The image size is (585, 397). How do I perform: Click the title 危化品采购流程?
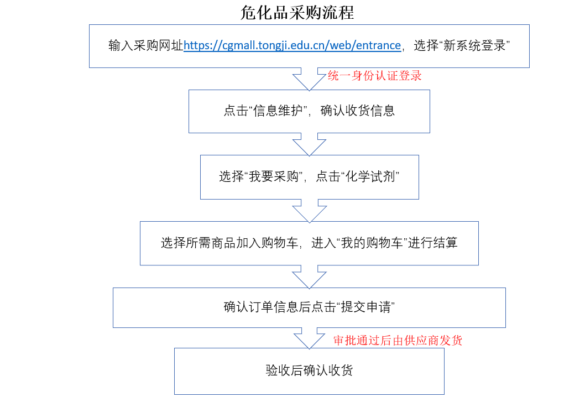pos(297,13)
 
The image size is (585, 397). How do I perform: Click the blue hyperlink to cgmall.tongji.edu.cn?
pos(292,45)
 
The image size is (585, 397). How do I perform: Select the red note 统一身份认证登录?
pos(374,76)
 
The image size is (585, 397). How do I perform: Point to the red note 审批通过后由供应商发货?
pos(398,340)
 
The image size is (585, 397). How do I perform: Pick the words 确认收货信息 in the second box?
pos(357,111)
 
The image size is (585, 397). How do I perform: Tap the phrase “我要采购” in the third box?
pos(274,176)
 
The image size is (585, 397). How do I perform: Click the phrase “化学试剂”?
pos(370,176)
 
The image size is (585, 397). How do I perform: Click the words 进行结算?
pos(433,243)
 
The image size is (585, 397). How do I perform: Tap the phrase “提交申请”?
pos(365,307)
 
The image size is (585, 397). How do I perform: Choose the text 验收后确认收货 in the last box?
pos(309,370)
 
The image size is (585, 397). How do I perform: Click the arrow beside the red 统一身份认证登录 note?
pos(309,79)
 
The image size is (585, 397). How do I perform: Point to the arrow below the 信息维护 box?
pos(309,144)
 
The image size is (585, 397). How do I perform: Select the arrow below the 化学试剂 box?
pos(309,211)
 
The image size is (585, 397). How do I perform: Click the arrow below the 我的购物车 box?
pos(309,277)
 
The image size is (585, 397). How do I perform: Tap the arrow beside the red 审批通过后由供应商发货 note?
pos(309,338)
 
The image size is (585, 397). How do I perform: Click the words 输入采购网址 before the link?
pos(146,45)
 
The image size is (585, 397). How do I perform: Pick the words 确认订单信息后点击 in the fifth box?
pos(280,307)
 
